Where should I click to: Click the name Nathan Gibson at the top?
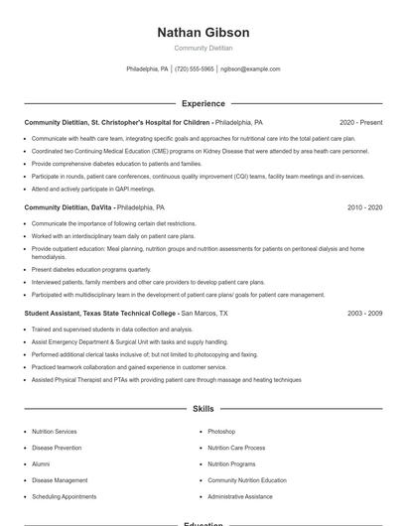point(203,33)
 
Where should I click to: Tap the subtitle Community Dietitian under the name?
point(203,48)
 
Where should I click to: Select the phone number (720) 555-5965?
point(195,69)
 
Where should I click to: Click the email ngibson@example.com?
point(250,69)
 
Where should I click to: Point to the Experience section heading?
point(203,103)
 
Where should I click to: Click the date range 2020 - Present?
point(360,122)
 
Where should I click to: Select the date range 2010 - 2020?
point(364,208)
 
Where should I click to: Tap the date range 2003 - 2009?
point(364,313)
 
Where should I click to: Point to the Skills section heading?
point(203,408)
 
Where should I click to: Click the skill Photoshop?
point(221,432)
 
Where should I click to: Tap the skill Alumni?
point(41,463)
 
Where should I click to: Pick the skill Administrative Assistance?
point(239,495)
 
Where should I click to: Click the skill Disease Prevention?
point(57,448)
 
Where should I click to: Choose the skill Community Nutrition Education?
point(247,479)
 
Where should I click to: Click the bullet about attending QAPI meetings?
point(93,189)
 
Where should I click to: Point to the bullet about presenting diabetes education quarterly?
point(91,269)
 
